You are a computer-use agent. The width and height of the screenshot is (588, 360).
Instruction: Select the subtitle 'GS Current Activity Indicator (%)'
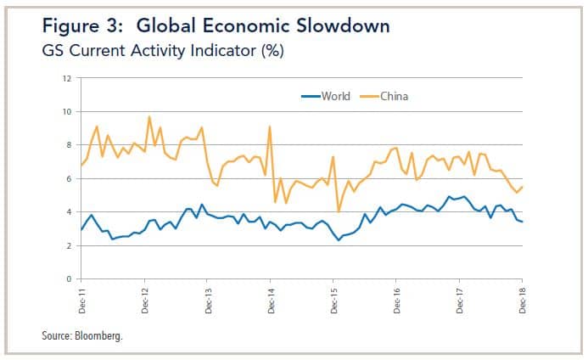[x=162, y=52]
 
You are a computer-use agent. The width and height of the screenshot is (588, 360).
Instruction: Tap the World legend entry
[x=326, y=96]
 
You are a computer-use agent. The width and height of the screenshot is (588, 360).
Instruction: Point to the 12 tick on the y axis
[x=67, y=79]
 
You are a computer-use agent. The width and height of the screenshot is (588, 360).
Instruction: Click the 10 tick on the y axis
[x=67, y=112]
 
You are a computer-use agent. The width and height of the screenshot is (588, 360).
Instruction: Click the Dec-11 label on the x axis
[x=82, y=298]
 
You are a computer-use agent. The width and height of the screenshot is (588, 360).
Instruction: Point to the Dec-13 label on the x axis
[x=208, y=298]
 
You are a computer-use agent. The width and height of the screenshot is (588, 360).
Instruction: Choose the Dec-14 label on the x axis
[x=271, y=298]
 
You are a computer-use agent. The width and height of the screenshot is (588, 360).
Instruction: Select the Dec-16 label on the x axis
[x=396, y=298]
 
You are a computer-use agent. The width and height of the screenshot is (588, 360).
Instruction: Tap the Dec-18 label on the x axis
[x=521, y=298]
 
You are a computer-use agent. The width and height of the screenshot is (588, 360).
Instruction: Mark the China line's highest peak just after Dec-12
[x=149, y=116]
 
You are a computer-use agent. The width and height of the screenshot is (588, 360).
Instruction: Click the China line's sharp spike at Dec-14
[x=270, y=127]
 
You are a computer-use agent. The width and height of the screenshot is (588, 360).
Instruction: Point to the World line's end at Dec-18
[x=521, y=222]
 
